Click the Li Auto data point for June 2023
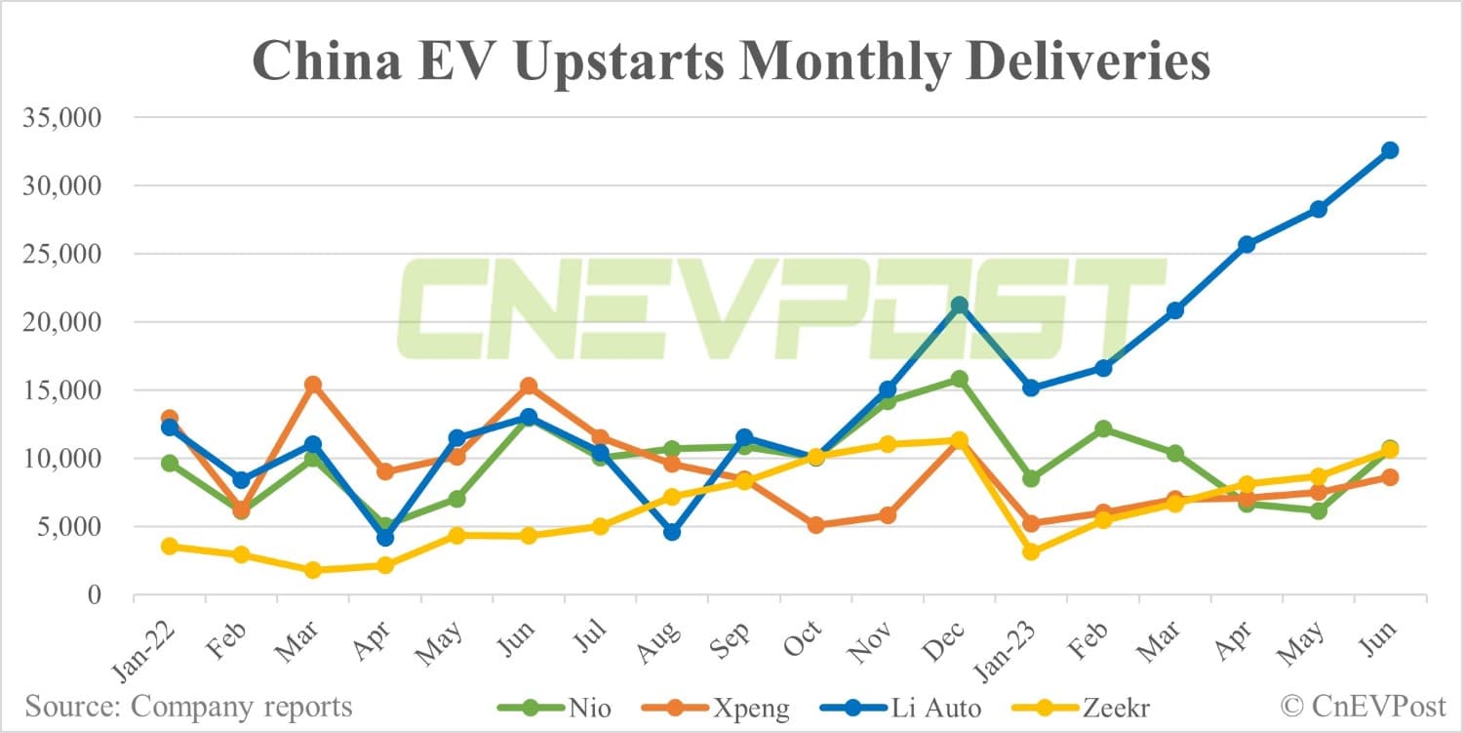tap(1390, 150)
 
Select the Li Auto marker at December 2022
tap(960, 305)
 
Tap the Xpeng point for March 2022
tap(313, 385)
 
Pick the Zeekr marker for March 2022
tap(313, 570)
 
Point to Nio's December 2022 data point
tap(960, 379)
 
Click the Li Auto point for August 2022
tap(672, 532)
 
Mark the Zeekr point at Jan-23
tap(1031, 551)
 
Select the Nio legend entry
tap(556, 705)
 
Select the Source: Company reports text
tap(189, 705)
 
